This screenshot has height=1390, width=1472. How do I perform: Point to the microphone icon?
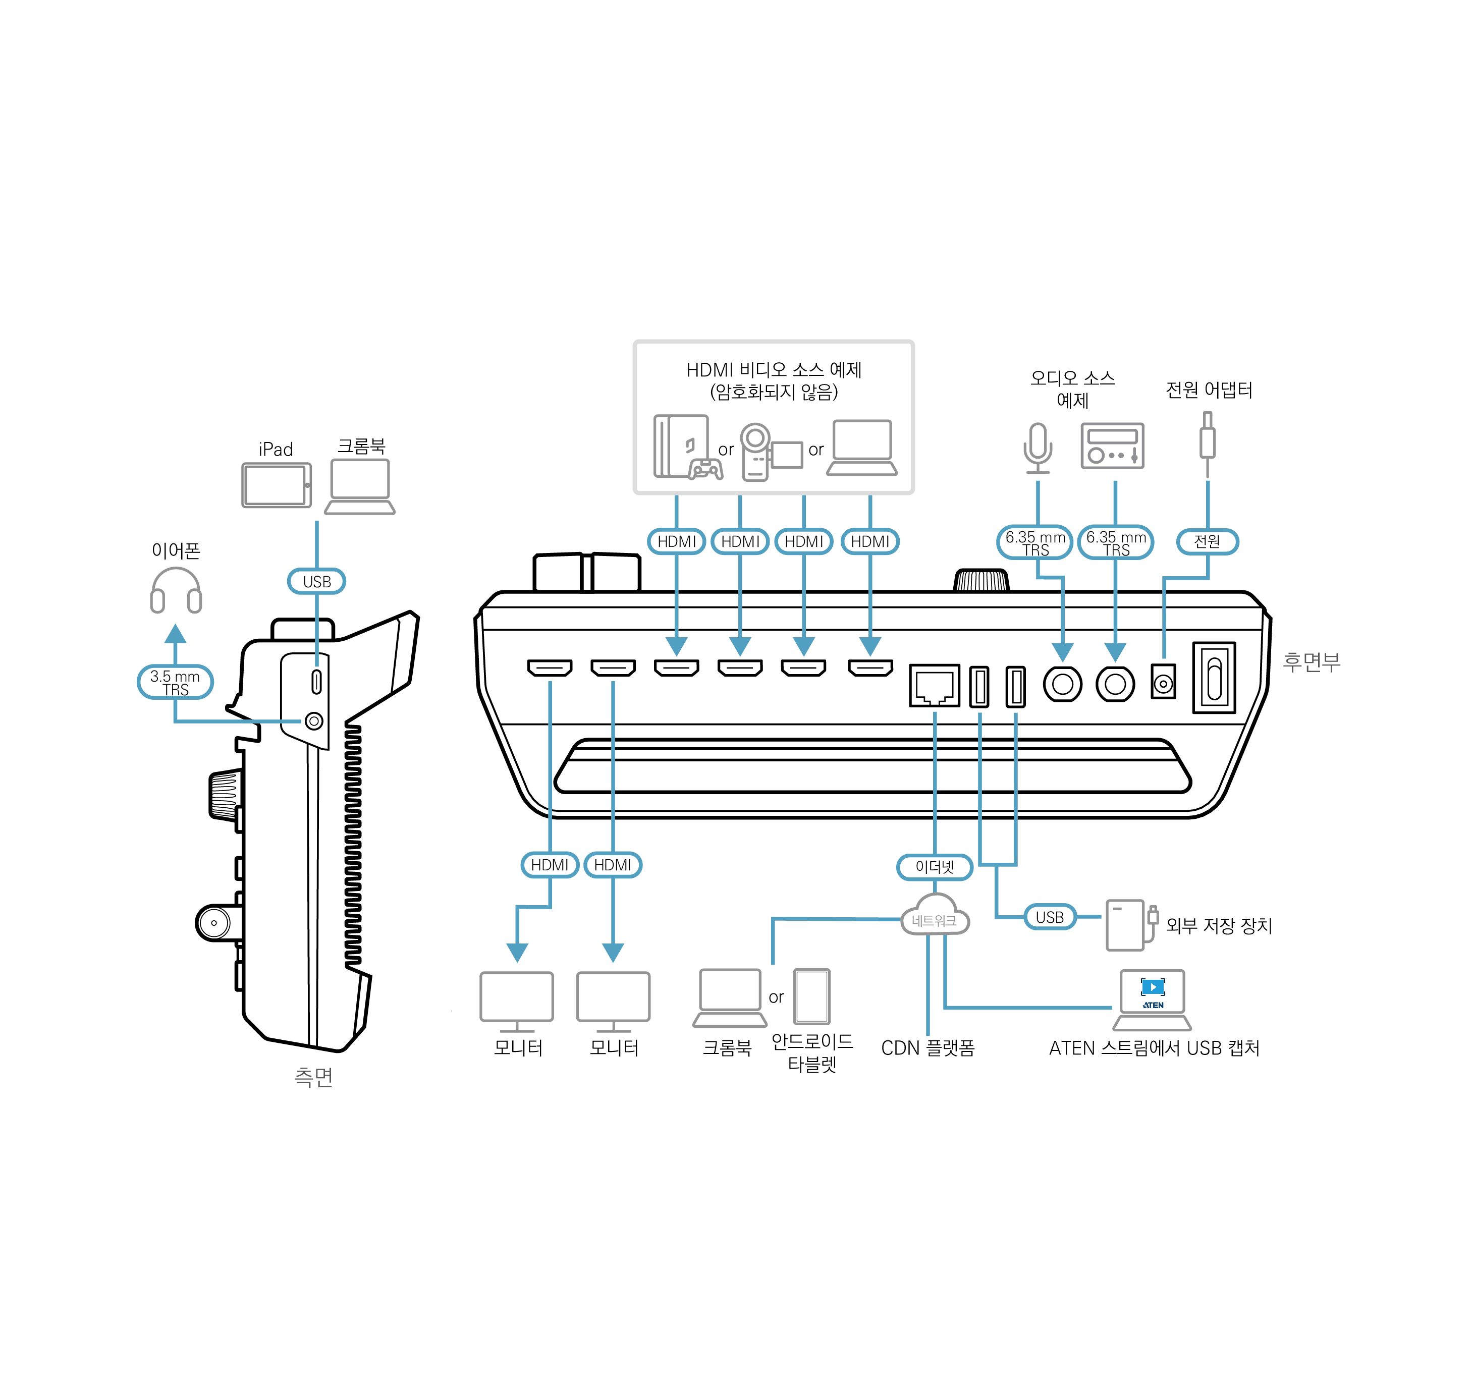click(1038, 448)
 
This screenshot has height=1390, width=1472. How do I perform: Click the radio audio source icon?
click(1112, 446)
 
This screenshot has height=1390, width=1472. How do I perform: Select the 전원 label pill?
click(1208, 542)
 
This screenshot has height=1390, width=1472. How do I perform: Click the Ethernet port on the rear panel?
click(935, 685)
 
